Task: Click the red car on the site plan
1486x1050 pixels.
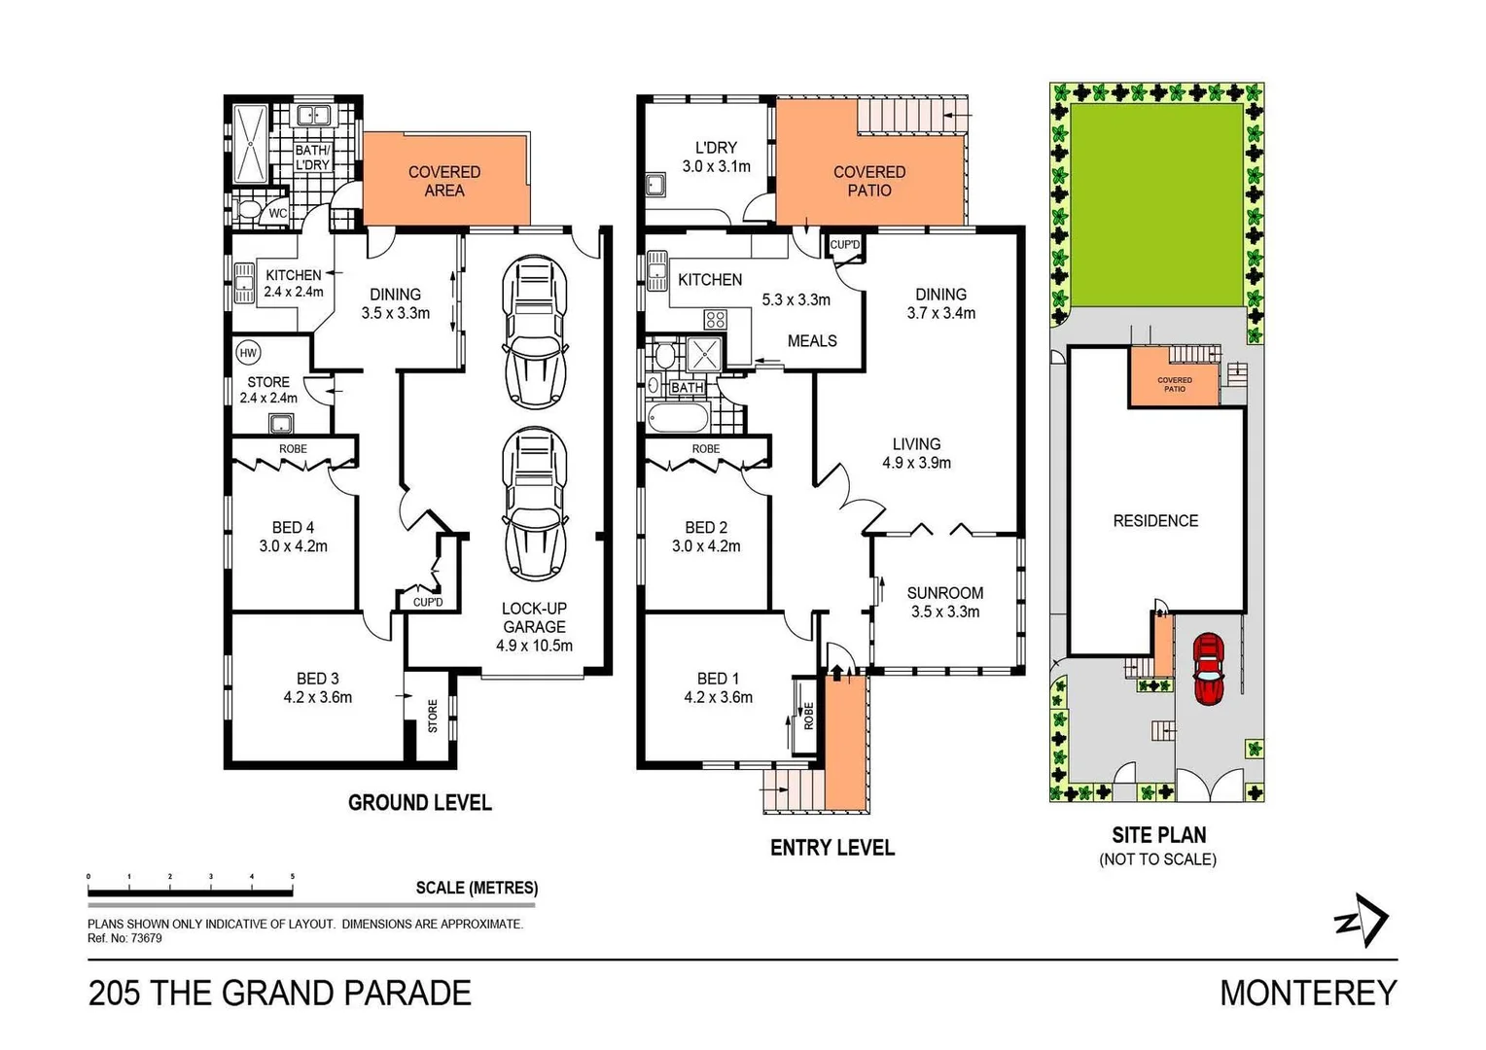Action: click(x=1208, y=668)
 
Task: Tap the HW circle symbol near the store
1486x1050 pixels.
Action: click(x=248, y=353)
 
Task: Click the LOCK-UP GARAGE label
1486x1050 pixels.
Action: click(x=534, y=617)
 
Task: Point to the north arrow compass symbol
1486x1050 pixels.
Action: click(x=1362, y=920)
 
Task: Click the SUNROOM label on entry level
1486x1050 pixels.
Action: click(x=944, y=593)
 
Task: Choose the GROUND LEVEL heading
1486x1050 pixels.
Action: click(x=419, y=803)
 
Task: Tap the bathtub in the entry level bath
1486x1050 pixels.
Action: click(x=678, y=419)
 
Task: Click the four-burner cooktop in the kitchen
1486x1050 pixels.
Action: click(x=716, y=319)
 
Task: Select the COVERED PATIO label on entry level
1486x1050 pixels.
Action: click(x=868, y=181)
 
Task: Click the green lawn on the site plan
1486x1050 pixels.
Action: click(x=1155, y=204)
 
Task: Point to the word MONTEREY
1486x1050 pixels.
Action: click(x=1308, y=993)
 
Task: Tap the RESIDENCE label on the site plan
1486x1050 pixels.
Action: click(x=1155, y=521)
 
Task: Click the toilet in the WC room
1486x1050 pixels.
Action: click(x=248, y=211)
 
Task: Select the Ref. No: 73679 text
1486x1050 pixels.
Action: click(x=124, y=938)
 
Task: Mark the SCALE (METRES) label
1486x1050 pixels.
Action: click(x=477, y=888)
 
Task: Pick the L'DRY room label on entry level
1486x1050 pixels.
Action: click(x=716, y=148)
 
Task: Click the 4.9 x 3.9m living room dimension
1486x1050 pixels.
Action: click(x=916, y=463)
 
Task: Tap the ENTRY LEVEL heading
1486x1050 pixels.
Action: click(x=831, y=848)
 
